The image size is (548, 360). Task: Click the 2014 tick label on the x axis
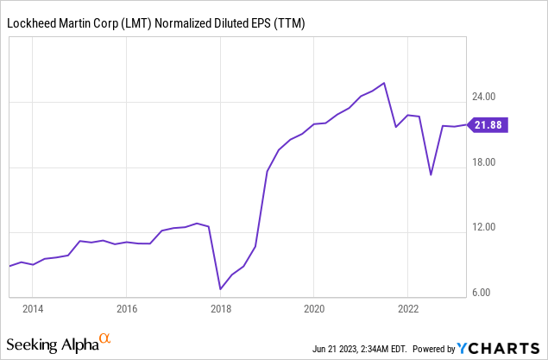[x=33, y=307]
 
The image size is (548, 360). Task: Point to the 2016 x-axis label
[x=127, y=307]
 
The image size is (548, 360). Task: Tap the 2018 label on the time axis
[x=221, y=307]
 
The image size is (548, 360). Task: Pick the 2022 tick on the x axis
[x=408, y=307]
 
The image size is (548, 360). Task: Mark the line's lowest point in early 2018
[x=220, y=288]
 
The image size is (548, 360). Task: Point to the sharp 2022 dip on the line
[x=431, y=174]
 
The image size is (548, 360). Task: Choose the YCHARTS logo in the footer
[x=500, y=348]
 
